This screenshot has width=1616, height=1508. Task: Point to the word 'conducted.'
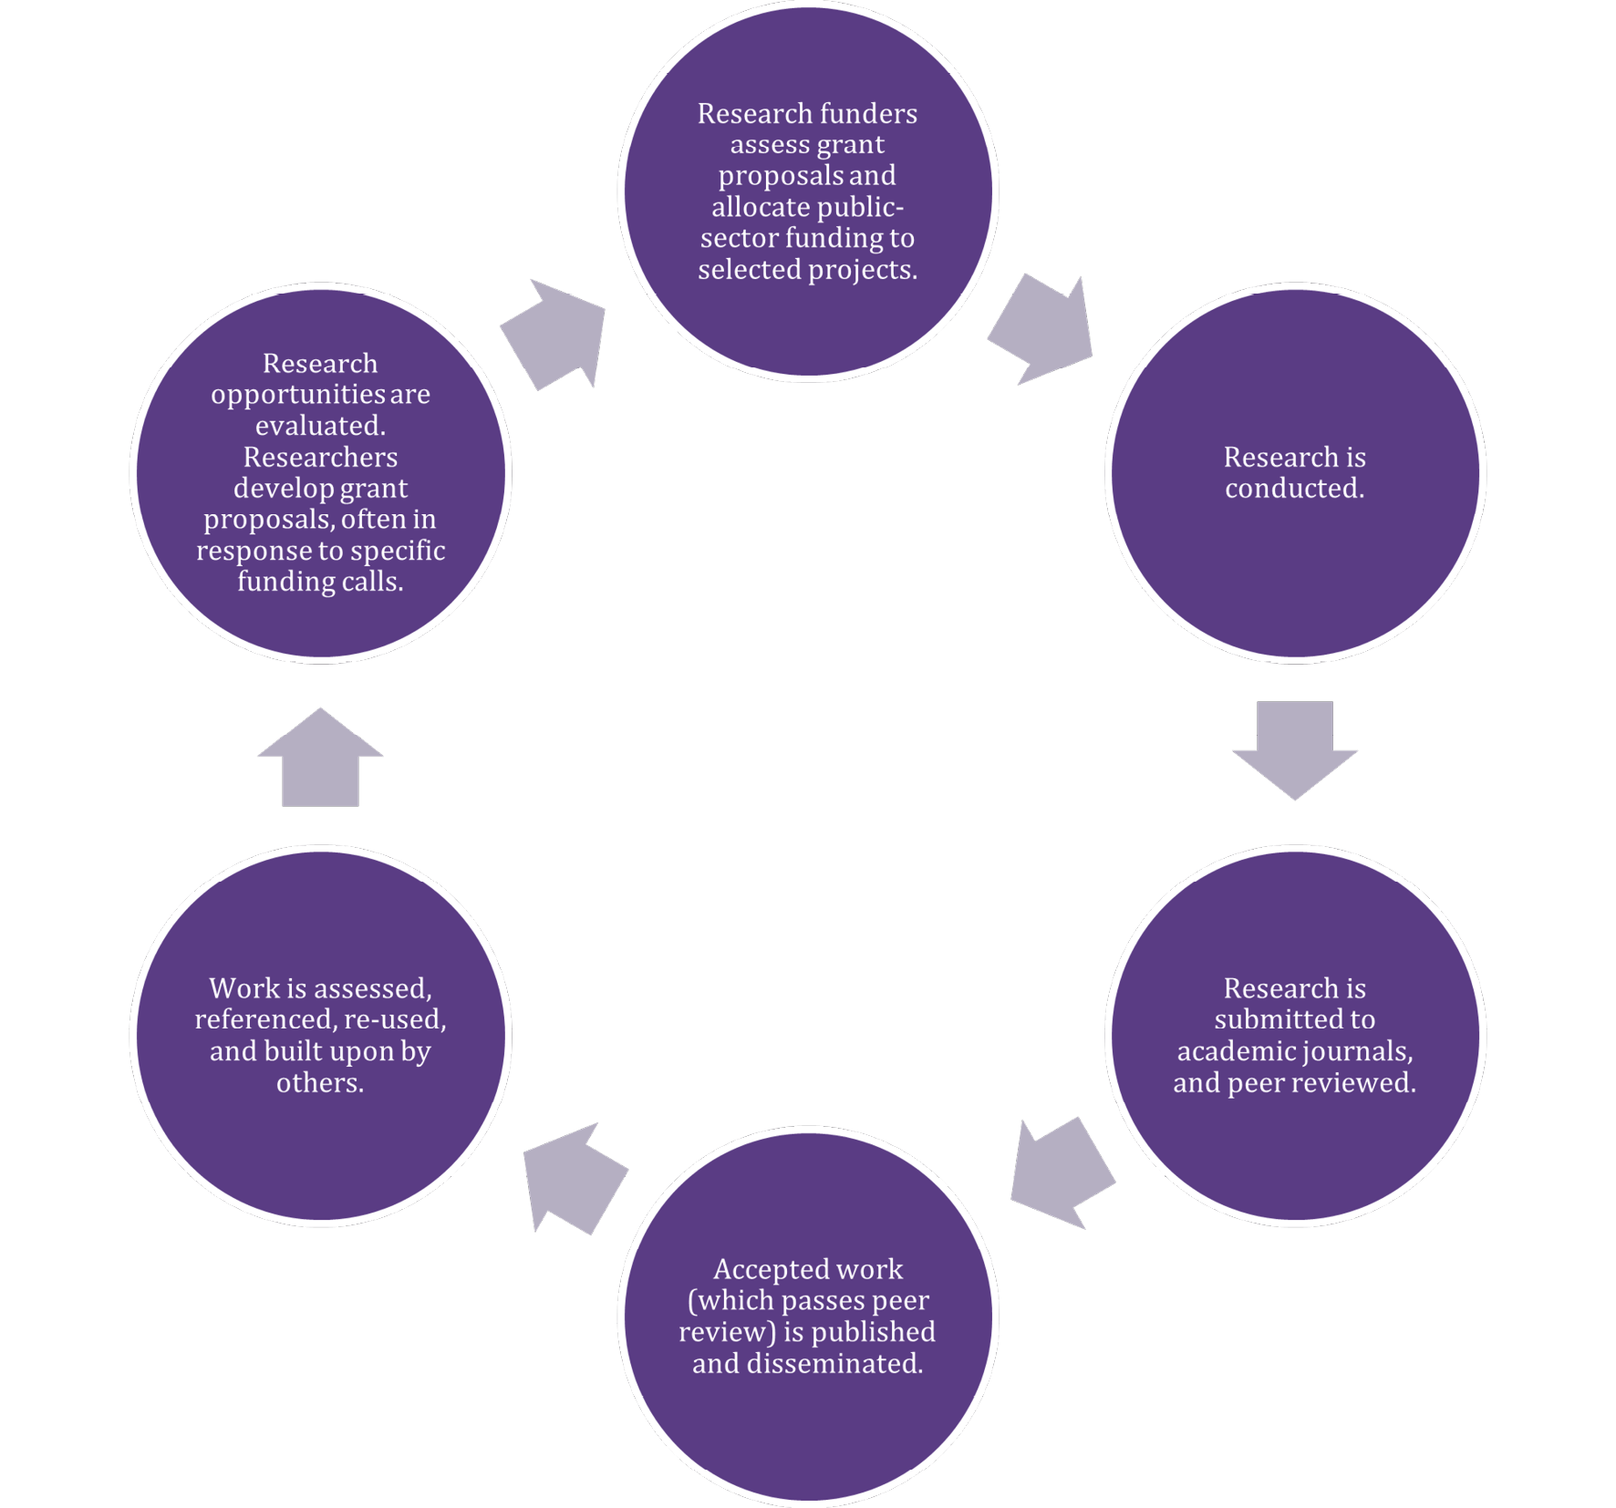[1294, 488]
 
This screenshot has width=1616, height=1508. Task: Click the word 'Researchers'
[320, 456]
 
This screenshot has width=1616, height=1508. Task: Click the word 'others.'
[320, 1082]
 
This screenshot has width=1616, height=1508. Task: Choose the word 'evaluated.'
[320, 425]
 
